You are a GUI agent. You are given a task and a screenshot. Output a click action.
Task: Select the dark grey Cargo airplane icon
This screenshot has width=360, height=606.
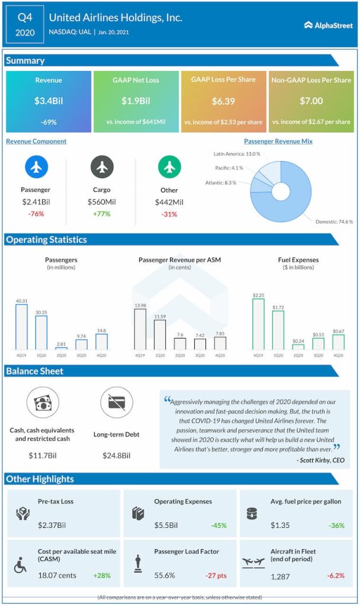(x=102, y=168)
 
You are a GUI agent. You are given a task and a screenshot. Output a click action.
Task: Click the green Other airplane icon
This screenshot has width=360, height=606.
(x=169, y=168)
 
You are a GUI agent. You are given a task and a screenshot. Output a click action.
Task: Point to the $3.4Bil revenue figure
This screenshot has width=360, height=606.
(x=49, y=101)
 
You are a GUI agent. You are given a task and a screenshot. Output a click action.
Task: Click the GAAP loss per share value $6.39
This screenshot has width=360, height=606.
(x=223, y=101)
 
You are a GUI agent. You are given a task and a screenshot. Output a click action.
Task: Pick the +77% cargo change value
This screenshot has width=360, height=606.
(x=102, y=214)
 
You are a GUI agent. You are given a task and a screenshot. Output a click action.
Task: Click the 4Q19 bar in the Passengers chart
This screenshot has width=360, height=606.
(x=22, y=327)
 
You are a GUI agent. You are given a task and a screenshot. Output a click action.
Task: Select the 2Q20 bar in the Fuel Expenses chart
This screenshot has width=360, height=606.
(x=298, y=347)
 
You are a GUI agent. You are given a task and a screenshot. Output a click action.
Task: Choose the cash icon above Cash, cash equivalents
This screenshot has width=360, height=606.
(x=43, y=402)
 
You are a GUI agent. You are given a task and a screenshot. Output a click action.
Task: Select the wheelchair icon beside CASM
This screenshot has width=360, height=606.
(x=20, y=565)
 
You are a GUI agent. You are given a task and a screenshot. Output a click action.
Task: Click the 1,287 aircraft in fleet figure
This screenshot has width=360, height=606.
(x=281, y=575)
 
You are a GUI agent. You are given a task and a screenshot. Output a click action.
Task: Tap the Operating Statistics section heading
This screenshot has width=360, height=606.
(x=47, y=240)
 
